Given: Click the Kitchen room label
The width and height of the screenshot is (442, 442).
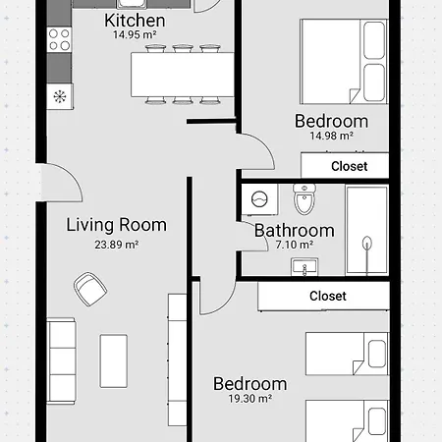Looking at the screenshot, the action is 135,21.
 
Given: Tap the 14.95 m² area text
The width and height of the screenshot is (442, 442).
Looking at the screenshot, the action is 135,34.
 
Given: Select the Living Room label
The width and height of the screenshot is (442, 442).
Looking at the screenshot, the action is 117,225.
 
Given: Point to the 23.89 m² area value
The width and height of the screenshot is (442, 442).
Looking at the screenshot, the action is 117,245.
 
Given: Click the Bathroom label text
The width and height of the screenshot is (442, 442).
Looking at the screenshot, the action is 295,231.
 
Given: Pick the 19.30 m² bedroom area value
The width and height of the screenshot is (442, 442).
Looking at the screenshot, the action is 250,399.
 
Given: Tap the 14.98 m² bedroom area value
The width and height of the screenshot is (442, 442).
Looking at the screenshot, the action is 331,136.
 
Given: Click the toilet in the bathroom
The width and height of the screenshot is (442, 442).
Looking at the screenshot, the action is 304,198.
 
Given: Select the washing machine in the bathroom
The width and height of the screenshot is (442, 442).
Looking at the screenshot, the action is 259,199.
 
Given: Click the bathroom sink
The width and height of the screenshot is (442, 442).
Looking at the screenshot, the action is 304,266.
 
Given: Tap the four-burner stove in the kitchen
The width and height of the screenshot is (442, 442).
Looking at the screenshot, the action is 59,39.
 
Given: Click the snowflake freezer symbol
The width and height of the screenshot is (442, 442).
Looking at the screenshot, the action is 60,96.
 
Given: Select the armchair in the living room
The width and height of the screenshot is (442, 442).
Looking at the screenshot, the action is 90,289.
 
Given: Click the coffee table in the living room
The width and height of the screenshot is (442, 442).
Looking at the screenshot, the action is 114,360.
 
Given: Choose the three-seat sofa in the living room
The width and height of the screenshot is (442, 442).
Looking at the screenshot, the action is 61,361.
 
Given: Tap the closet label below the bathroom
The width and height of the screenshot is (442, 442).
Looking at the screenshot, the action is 328,296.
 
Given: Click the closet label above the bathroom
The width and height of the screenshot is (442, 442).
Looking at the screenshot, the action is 350,166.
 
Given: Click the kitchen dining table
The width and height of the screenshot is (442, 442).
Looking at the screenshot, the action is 183,75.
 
